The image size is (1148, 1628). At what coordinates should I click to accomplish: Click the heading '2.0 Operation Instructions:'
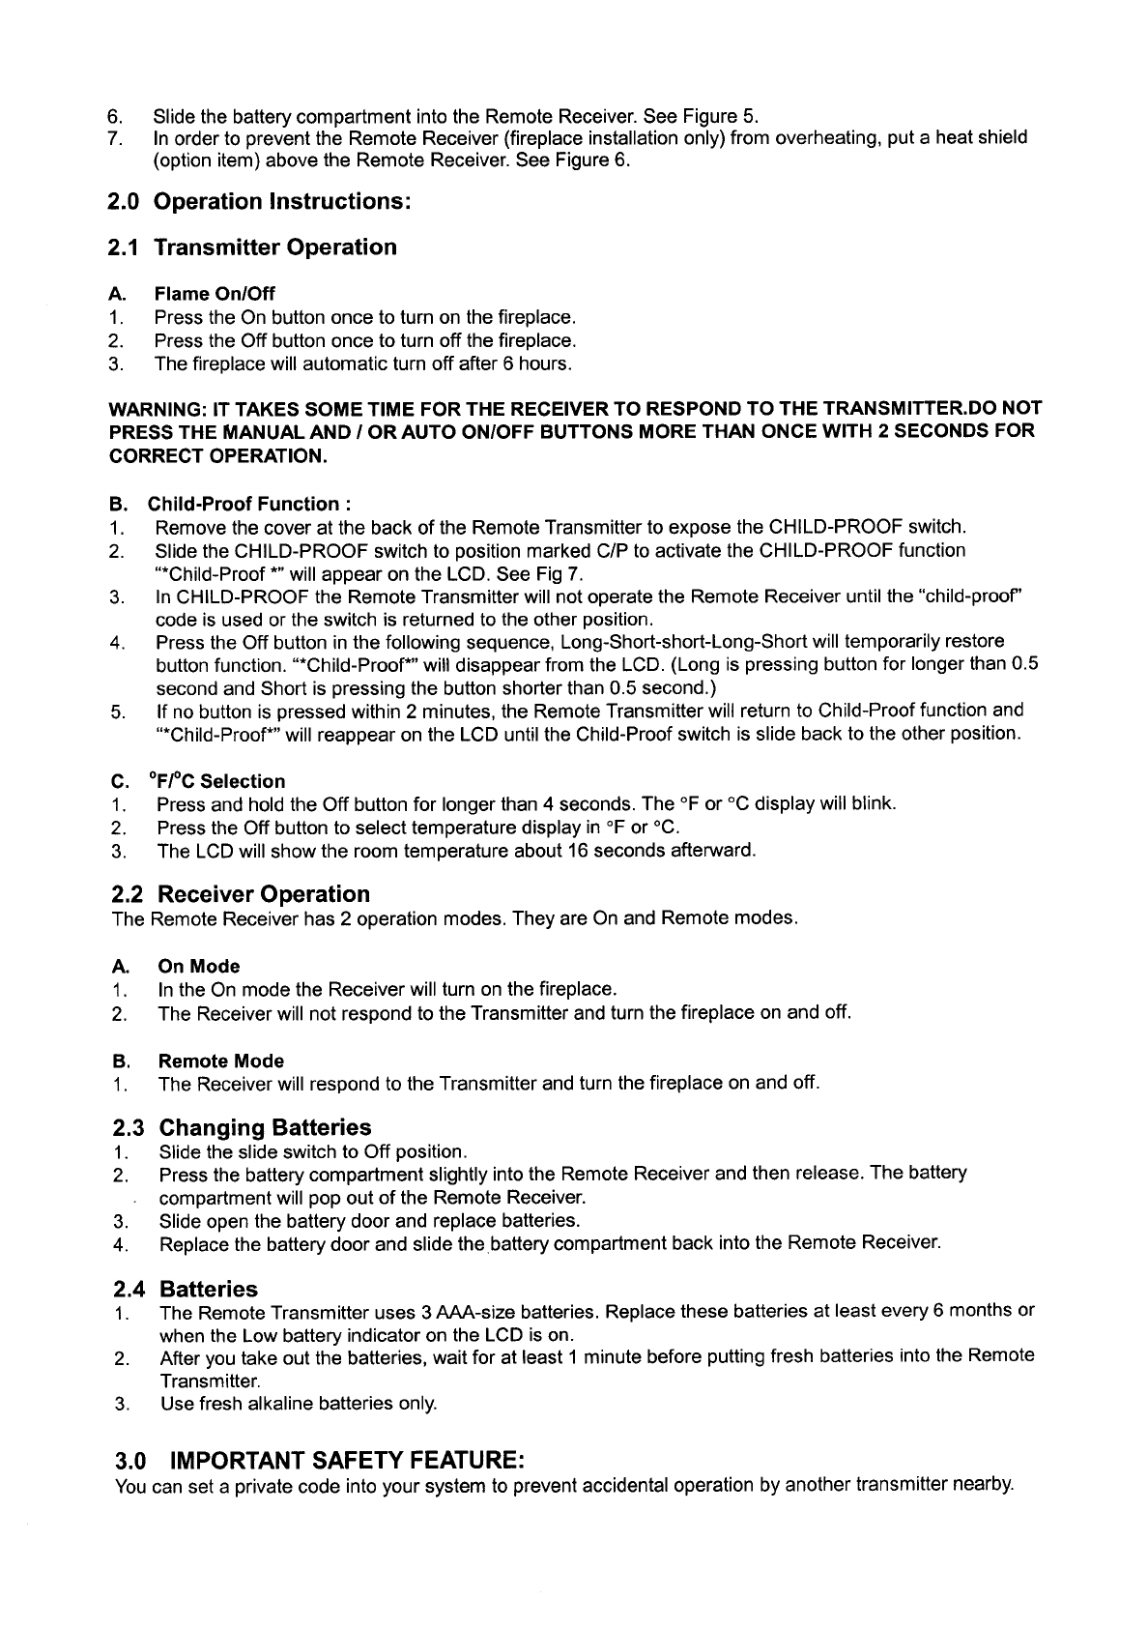coord(260,202)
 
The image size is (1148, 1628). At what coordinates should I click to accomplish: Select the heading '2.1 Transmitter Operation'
coord(252,247)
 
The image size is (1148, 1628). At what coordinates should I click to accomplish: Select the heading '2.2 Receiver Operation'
coord(242,893)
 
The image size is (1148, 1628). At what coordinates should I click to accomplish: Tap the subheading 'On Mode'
coord(198,966)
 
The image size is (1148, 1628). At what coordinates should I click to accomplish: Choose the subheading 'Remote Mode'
coord(220,1061)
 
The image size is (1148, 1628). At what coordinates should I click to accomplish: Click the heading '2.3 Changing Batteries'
coord(243,1127)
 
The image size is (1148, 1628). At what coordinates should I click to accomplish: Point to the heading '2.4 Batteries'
coord(186,1289)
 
